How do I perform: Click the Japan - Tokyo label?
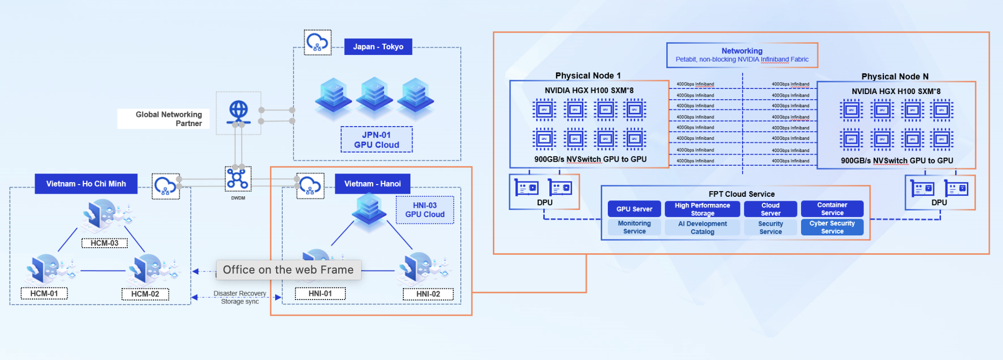click(378, 47)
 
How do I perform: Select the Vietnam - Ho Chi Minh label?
click(86, 184)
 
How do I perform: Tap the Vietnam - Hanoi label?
click(372, 184)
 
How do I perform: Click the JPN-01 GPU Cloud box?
click(376, 140)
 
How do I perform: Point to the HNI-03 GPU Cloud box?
click(425, 210)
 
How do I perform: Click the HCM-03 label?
click(104, 243)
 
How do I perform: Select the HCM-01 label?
click(44, 293)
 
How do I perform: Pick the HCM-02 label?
click(145, 294)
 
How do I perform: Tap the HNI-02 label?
click(428, 294)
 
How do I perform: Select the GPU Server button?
click(634, 209)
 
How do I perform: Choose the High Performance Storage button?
click(702, 209)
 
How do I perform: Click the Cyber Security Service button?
click(832, 227)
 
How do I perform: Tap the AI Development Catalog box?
click(702, 227)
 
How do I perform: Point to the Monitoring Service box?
click(634, 227)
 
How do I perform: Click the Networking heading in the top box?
click(742, 51)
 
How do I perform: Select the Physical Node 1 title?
click(587, 76)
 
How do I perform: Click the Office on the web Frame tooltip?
click(288, 270)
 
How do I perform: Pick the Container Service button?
click(832, 209)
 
